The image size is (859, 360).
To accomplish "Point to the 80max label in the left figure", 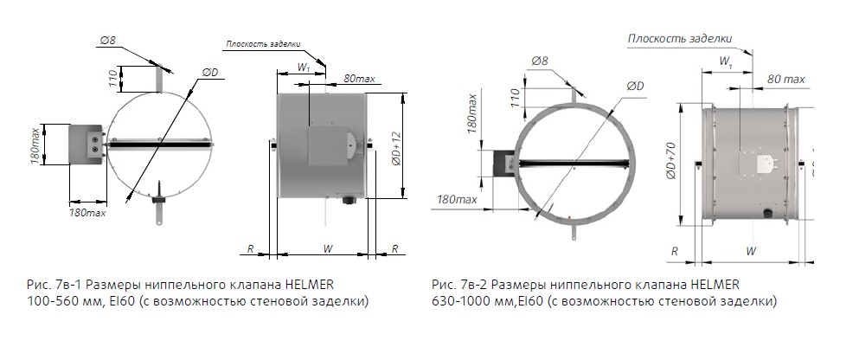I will [x=358, y=79].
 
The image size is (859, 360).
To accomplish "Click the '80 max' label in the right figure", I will [x=785, y=79].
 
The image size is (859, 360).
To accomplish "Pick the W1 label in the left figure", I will [x=303, y=66].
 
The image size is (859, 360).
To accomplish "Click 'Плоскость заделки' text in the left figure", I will [x=263, y=43].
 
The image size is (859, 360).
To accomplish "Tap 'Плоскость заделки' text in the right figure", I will [x=679, y=38].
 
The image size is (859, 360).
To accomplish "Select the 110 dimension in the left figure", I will [x=112, y=79].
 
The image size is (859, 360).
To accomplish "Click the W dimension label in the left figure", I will [x=327, y=249].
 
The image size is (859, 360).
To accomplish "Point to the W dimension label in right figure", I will [x=750, y=250].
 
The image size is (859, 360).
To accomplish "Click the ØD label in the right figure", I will [x=635, y=86].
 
